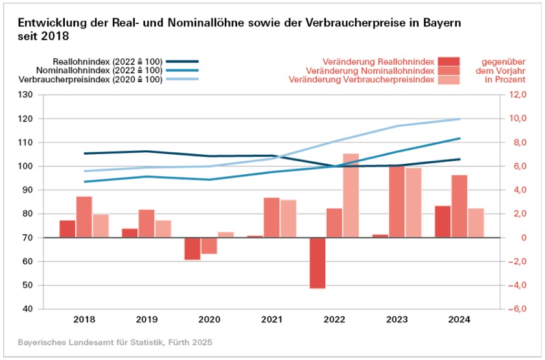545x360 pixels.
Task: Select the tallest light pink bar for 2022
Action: (351, 196)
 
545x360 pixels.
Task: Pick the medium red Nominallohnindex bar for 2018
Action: (84, 217)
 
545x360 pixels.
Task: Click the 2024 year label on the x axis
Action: (459, 320)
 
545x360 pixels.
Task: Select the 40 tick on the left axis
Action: (27, 309)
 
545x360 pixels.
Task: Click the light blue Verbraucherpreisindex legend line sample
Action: (186, 79)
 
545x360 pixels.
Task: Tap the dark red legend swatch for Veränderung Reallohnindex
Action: (448, 61)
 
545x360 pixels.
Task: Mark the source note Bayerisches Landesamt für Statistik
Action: (115, 342)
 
